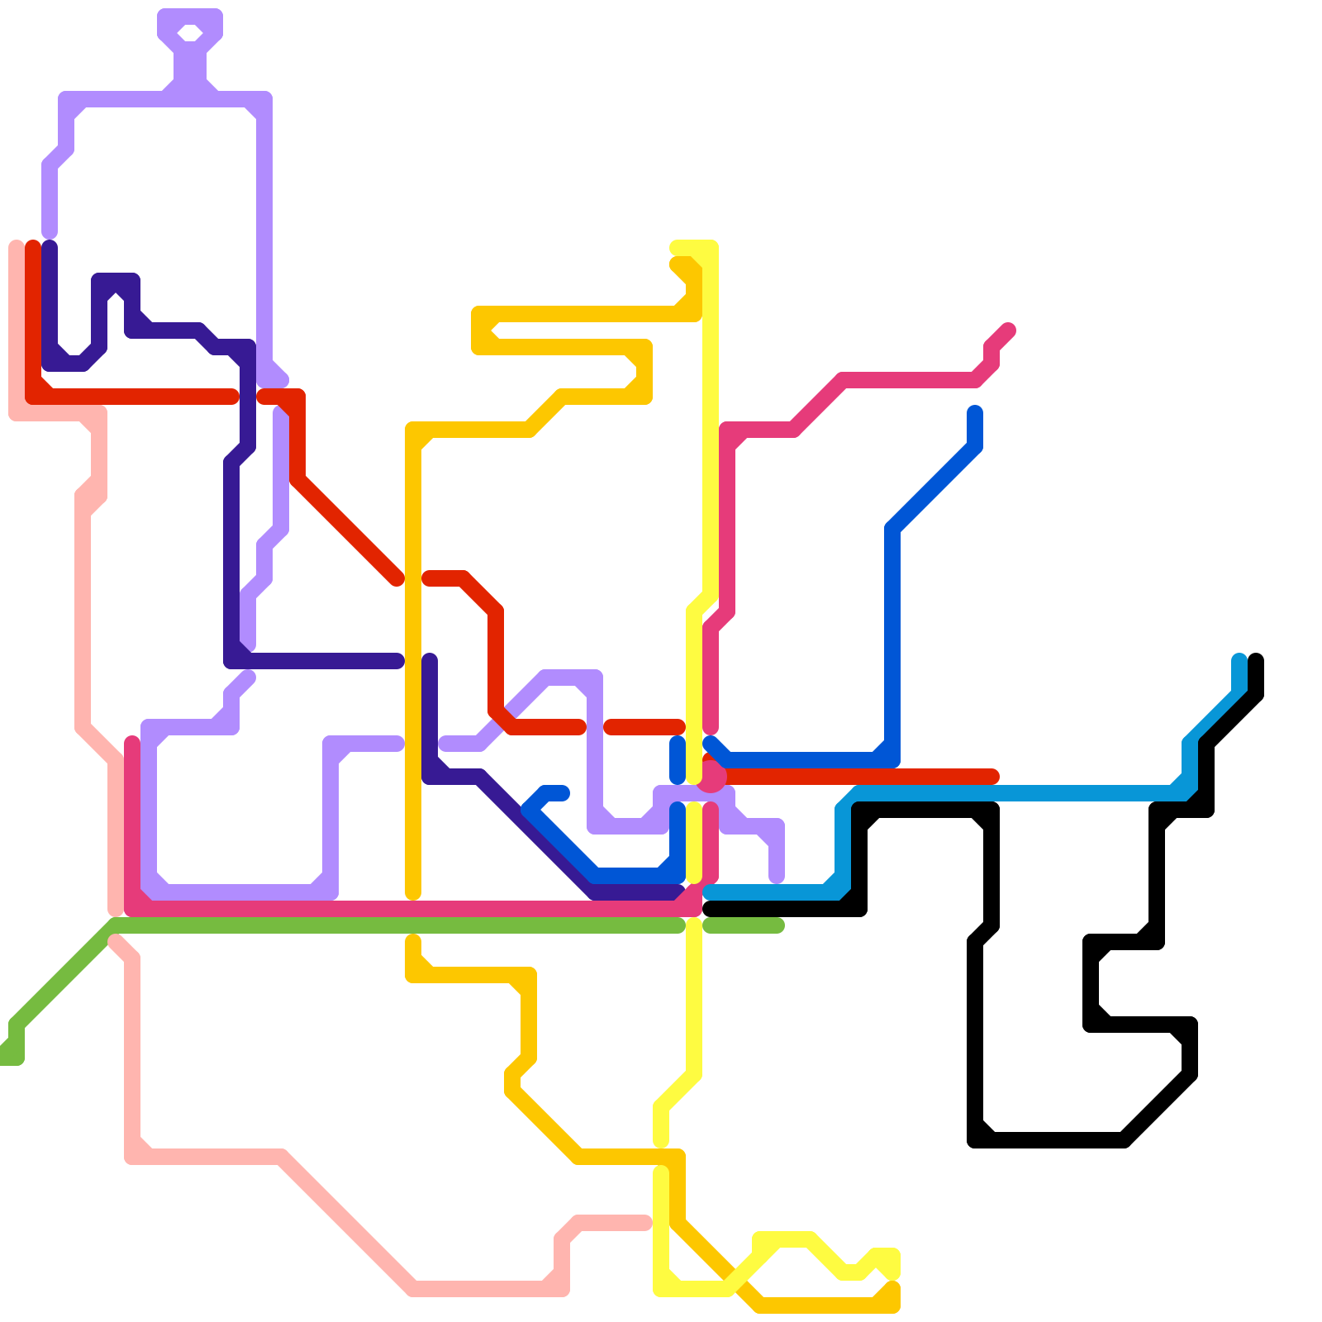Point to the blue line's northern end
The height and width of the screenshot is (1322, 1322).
975,412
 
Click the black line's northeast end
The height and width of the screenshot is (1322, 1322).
1256,660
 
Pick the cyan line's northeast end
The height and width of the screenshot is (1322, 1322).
1239,660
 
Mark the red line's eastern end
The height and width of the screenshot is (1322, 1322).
993,777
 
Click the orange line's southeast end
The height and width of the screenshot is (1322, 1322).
892,1291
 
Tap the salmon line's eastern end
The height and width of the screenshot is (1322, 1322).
644,1223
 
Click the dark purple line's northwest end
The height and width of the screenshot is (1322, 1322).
50,246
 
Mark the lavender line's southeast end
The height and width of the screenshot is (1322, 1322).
777,877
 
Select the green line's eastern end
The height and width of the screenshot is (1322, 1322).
777,925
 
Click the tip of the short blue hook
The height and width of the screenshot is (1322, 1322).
563,793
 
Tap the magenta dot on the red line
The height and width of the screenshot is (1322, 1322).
711,777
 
